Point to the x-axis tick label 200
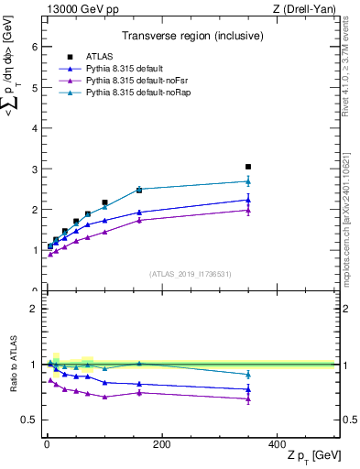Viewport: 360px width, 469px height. click(161, 444)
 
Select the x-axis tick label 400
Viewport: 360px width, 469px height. click(276, 444)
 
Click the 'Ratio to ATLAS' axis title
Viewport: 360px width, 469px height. click(13, 365)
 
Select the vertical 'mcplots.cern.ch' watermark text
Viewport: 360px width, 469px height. click(351, 211)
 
